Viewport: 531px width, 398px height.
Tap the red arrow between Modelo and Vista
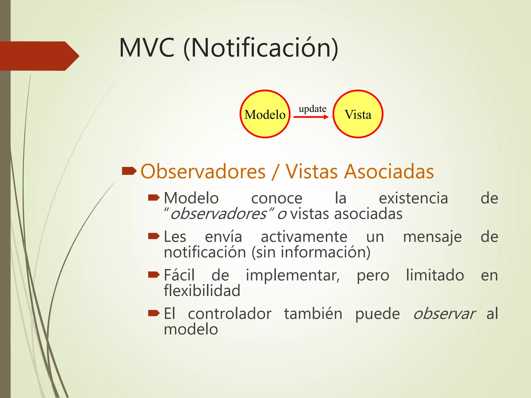tap(311, 117)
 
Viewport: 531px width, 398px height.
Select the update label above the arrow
tap(312, 109)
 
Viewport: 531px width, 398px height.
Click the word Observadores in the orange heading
tap(203, 172)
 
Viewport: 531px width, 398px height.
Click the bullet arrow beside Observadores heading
tap(129, 171)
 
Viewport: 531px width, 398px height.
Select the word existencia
tap(413, 198)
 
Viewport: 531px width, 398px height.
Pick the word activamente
tap(304, 237)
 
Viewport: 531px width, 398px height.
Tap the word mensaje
tap(432, 237)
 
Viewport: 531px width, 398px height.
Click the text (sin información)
tap(311, 252)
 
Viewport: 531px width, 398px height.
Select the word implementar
tap(292, 275)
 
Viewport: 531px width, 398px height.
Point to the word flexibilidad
tap(202, 290)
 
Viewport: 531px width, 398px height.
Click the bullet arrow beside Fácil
tap(153, 274)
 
